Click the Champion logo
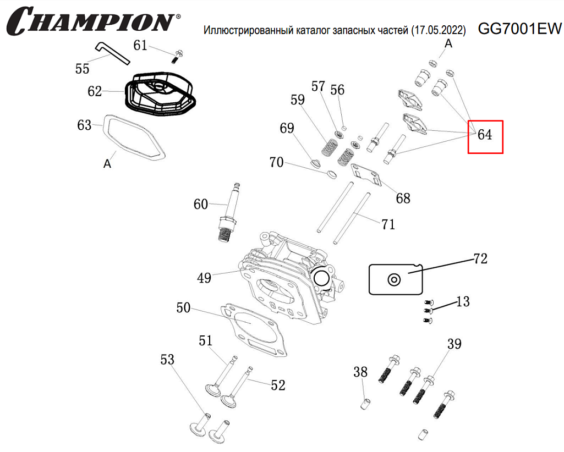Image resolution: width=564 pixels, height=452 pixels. pos(91,21)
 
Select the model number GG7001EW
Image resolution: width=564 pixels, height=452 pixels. pos(519,29)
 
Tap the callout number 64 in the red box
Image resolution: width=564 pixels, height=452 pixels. pos(485,135)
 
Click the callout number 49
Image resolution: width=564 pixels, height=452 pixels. pos(204,278)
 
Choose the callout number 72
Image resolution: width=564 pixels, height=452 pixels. pos(480,258)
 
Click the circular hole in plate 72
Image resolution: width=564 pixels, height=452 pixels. pos(394,279)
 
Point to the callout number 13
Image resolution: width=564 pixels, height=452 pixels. pos(463,301)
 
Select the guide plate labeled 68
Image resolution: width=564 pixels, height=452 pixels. pos(365,175)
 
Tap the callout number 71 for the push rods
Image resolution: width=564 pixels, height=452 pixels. pos(388,224)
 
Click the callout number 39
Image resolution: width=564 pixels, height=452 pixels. pos(454,344)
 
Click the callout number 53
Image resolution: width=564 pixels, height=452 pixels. pos(167,360)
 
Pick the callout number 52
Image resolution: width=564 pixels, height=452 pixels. pos(278,385)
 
